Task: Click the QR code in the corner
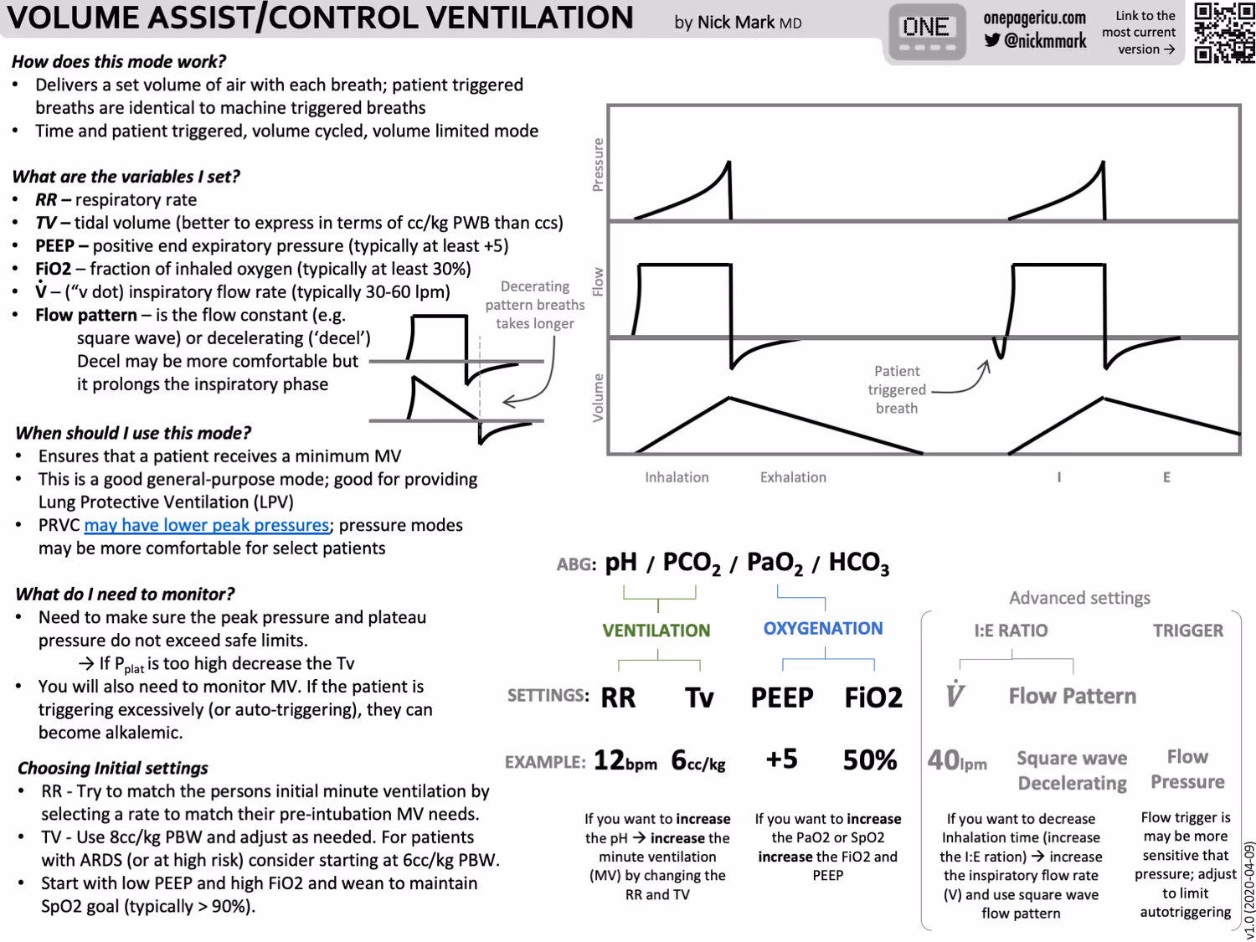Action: (x=1223, y=33)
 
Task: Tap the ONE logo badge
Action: (x=926, y=32)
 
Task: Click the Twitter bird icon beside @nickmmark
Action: (x=992, y=40)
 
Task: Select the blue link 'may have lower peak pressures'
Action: (x=206, y=525)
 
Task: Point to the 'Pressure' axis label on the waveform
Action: (x=598, y=165)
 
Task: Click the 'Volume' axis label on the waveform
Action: (x=598, y=398)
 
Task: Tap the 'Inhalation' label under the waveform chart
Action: (x=677, y=477)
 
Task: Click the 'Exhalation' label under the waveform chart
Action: (x=793, y=477)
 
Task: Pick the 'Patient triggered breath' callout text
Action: (x=896, y=389)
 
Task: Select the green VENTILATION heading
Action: (x=656, y=631)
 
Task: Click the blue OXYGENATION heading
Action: (x=822, y=629)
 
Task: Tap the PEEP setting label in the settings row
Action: (x=781, y=697)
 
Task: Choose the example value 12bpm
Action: (x=625, y=761)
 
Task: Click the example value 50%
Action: (x=869, y=760)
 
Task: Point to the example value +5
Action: (x=781, y=759)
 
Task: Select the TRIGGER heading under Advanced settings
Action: (x=1187, y=631)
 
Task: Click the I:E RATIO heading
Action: (x=1011, y=631)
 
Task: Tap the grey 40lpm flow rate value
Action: (x=956, y=761)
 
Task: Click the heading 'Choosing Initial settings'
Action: (x=112, y=768)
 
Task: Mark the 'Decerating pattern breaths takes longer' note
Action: (x=534, y=305)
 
